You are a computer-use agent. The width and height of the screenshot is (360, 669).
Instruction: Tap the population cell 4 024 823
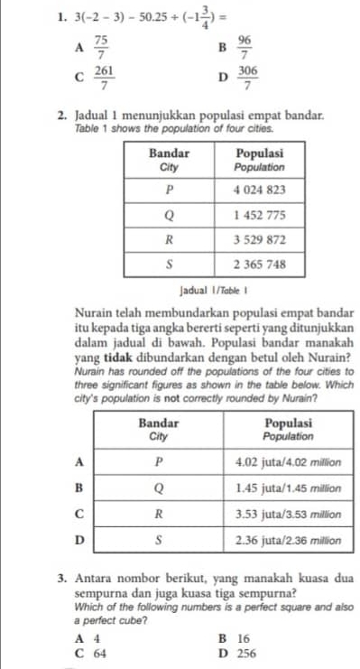(260, 190)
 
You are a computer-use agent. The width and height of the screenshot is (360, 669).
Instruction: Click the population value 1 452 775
(260, 216)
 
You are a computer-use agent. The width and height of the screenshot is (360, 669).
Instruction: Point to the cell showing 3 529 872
(260, 240)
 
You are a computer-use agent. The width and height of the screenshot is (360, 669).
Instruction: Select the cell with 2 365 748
(260, 265)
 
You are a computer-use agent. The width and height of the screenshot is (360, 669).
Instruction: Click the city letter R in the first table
(169, 240)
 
